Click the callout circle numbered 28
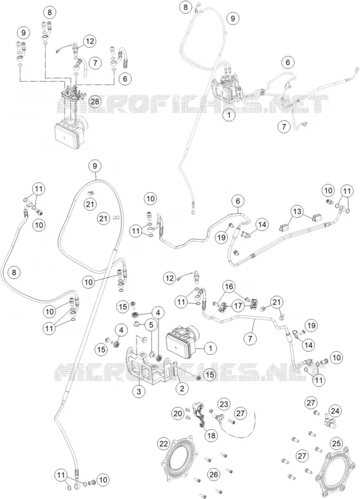coord(95,102)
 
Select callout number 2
coord(182,388)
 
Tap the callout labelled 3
coord(139,391)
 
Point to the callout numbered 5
coord(150,325)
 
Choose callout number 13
coord(296,211)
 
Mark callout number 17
coord(237,305)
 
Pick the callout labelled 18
coord(211,435)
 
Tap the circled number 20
coord(177,413)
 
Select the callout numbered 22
coord(164,444)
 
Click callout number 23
coord(224,404)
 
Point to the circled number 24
coord(335,411)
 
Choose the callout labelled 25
coord(337,442)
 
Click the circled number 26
coord(213,474)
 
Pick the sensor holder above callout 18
coord(200,413)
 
